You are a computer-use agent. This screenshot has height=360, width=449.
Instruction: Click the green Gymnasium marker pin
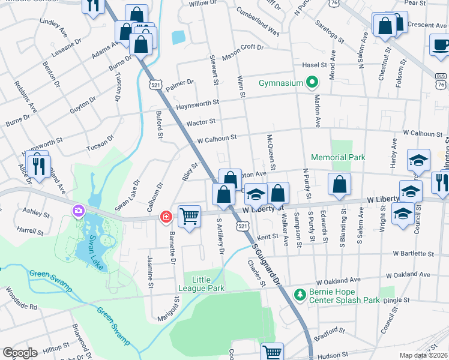point(312,83)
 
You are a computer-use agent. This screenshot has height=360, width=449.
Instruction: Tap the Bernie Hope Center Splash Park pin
point(300,295)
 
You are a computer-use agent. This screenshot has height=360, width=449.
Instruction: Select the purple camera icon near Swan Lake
point(78,211)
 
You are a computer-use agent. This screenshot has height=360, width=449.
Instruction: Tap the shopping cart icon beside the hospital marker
point(190,215)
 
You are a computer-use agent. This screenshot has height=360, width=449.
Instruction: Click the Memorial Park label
point(338,157)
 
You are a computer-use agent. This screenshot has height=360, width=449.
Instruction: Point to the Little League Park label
point(208,284)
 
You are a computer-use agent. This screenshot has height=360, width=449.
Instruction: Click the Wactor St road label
point(200,122)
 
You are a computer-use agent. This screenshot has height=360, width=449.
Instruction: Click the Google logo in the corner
point(20,353)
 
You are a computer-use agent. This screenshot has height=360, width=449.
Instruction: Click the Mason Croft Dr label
point(247,52)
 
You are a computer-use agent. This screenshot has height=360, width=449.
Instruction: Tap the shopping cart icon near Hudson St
point(273,352)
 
